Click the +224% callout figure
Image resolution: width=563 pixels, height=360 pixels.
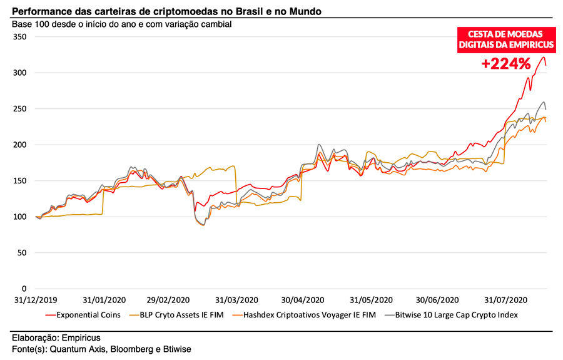click(x=505, y=63)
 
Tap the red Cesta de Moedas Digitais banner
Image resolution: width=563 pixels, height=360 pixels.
click(x=505, y=39)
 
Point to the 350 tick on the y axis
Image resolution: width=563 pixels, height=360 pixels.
click(x=21, y=37)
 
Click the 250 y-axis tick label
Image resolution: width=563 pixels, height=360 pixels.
click(x=21, y=109)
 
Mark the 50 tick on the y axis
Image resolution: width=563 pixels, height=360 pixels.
click(x=23, y=253)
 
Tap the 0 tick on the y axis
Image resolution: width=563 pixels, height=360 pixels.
click(x=26, y=289)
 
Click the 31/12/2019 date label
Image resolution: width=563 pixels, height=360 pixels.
click(x=36, y=300)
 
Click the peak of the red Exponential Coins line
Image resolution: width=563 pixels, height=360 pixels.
click(x=542, y=57)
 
